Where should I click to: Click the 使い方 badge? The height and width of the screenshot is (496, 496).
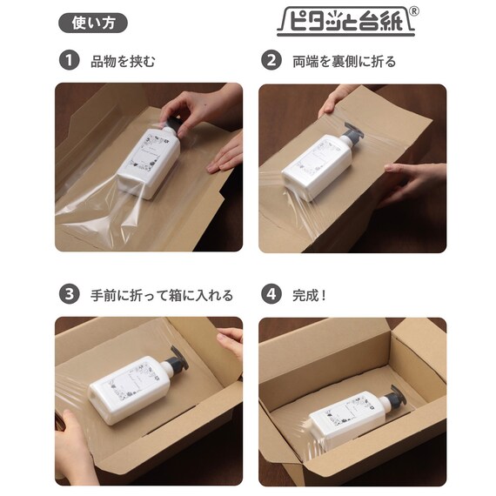point(93,23)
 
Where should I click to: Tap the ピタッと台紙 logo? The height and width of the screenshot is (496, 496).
point(345,22)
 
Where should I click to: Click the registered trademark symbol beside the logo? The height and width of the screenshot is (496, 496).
point(414,11)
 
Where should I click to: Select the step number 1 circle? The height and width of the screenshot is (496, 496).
point(69,60)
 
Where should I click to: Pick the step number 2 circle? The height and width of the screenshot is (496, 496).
point(271,60)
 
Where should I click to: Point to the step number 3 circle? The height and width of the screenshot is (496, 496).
point(69,294)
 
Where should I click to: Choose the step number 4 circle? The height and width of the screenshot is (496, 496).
point(271,294)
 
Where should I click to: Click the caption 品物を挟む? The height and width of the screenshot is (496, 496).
point(123,61)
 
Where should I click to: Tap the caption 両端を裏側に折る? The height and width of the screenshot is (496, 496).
point(345,61)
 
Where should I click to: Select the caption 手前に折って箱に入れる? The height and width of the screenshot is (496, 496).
point(162,295)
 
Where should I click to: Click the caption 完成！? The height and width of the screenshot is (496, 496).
point(310,295)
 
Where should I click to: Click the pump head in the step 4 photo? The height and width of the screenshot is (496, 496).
point(394,398)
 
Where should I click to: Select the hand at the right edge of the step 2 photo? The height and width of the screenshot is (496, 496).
point(412,184)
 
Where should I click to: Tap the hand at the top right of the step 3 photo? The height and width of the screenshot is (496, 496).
point(231,342)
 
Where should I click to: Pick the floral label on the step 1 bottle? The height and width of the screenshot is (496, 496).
point(149,151)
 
